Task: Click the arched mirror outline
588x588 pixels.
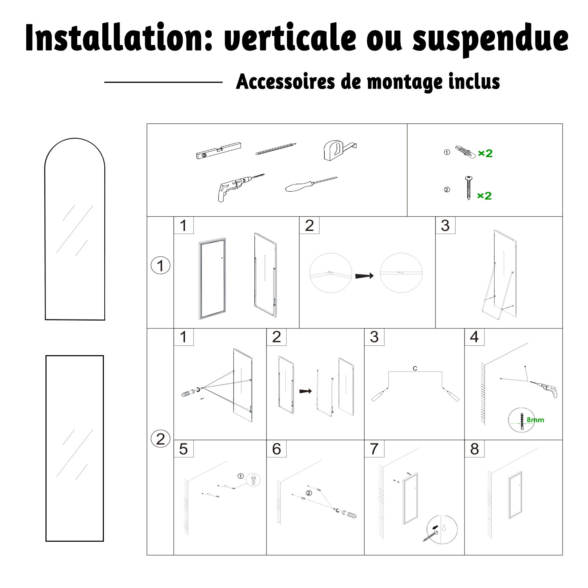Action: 45,235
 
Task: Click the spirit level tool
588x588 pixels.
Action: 218,150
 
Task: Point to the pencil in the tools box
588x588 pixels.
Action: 276,149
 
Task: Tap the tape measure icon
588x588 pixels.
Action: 339,151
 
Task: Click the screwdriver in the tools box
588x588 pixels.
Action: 311,185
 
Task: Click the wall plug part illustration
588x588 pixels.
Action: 465,151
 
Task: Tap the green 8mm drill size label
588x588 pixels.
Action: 535,420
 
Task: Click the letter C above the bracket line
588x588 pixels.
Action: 415,368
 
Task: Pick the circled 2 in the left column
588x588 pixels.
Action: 161,439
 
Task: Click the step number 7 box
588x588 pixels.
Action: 374,448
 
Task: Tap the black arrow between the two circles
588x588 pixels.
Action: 365,276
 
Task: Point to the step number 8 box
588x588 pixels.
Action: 474,448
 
